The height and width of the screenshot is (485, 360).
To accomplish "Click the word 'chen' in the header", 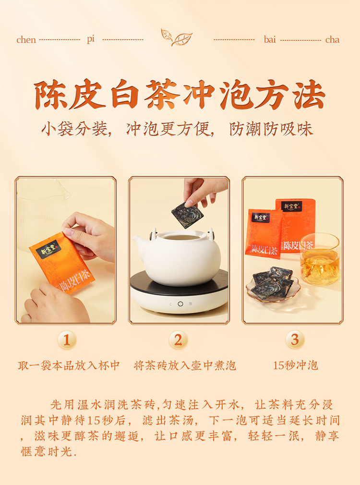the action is tap(26, 39).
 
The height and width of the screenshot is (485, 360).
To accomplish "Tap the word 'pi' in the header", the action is tap(91, 39).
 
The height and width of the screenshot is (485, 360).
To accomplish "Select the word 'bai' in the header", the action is tap(270, 39).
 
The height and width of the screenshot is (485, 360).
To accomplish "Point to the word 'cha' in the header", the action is tap(332, 39).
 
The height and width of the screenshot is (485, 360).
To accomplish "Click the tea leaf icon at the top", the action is tap(176, 37).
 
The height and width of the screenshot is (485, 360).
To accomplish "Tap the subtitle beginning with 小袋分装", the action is tap(177, 129).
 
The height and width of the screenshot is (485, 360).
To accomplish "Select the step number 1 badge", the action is tap(67, 340).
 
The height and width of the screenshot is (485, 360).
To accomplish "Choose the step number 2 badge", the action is tap(178, 340).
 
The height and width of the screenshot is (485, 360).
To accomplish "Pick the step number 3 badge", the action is tap(295, 339).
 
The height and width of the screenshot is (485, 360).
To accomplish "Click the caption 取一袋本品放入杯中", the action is tap(69, 365).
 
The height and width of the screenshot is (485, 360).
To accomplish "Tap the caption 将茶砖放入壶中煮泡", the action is tap(185, 365).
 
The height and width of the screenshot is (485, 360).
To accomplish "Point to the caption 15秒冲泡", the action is tap(295, 365).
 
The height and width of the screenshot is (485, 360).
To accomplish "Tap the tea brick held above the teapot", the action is tap(185, 215).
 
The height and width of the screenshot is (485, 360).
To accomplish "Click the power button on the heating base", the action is tap(180, 304).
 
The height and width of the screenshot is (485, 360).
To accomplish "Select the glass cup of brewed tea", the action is tap(320, 259).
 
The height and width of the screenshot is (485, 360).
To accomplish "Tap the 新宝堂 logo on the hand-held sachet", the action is tap(47, 249).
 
